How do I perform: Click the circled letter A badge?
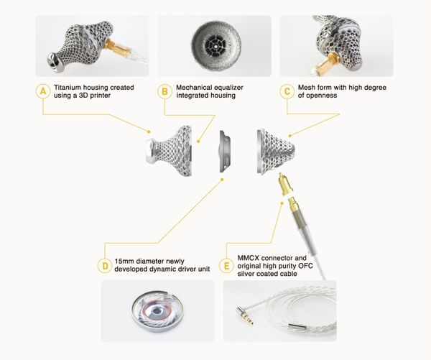point(43,91)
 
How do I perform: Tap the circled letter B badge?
point(164,91)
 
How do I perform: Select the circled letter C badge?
point(287,91)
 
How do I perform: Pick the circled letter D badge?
point(105,266)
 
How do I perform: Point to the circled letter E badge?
point(226,266)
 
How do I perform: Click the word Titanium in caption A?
point(67,88)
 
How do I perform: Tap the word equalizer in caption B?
point(229,88)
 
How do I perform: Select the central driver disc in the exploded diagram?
point(225,152)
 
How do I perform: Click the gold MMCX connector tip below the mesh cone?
point(284,183)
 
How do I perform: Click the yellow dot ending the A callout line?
point(149,131)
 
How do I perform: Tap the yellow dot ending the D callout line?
point(223,180)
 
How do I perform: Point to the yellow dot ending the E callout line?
point(282,203)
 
